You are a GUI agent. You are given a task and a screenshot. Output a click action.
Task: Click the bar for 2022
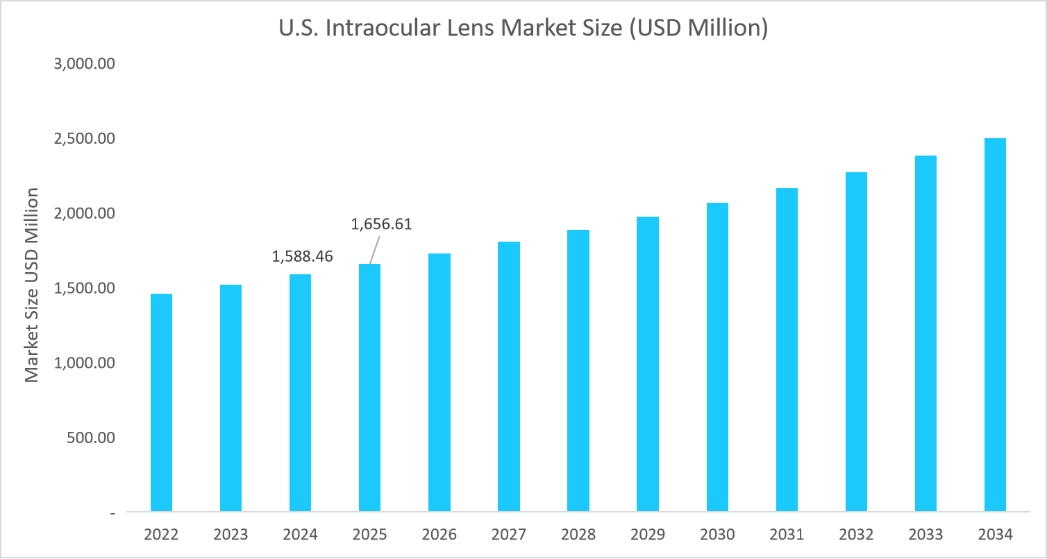[x=161, y=403]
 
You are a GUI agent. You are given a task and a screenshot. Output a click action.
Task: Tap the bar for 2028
[x=578, y=371]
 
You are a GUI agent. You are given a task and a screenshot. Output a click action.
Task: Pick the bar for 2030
[x=717, y=357]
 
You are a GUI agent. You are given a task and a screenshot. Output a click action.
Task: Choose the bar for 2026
[x=439, y=383]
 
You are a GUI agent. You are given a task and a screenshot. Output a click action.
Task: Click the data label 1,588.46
[x=302, y=256]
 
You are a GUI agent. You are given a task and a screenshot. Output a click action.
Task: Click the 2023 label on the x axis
[x=231, y=535]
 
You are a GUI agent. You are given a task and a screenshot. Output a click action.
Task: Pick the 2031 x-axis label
[x=787, y=535]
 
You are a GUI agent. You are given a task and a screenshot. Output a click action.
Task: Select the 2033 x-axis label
[x=925, y=535]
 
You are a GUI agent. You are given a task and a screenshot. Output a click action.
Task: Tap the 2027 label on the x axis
[x=509, y=535]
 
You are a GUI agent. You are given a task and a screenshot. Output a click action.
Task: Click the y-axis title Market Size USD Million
[x=31, y=285]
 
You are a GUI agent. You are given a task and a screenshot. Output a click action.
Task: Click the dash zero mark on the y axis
[x=112, y=513]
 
